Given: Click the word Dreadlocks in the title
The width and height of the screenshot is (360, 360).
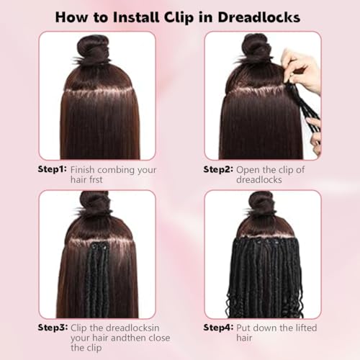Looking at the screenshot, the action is point(259,17).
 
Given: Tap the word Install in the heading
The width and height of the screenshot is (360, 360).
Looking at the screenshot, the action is point(136,17).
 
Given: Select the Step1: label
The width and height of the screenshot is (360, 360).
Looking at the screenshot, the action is point(52,169).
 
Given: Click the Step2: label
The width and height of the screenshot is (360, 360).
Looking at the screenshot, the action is point(218,169).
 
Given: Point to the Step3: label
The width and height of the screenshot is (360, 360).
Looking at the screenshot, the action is point(53,328).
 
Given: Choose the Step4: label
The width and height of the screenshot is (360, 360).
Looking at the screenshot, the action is point(218,328).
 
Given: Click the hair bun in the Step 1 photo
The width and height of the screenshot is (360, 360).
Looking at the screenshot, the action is point(93,50).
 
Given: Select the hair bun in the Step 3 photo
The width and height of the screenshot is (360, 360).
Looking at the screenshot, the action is point(94,204).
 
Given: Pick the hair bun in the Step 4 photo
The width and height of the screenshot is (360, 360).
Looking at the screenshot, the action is point(261,204).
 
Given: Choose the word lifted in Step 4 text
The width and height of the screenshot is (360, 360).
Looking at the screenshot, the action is point(306,328).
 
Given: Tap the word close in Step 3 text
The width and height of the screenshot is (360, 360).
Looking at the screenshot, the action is point(159,338).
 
